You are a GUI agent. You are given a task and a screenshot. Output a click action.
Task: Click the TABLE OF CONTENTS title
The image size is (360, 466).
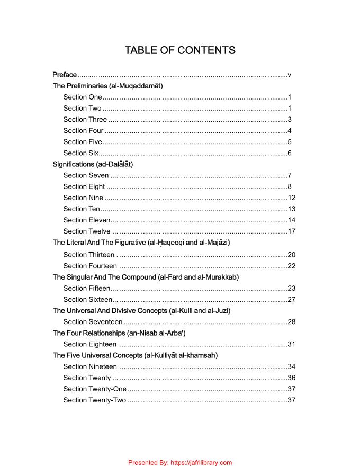(180, 50)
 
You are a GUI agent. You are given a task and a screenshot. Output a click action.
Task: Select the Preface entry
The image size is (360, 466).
(65, 75)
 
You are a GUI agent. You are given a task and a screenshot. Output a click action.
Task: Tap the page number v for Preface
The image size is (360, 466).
(290, 75)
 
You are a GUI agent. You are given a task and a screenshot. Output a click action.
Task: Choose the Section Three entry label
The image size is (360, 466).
(85, 119)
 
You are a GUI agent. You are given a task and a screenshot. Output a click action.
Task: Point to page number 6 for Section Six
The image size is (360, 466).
(290, 153)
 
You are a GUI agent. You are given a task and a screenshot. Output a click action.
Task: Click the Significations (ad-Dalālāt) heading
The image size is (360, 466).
(93, 164)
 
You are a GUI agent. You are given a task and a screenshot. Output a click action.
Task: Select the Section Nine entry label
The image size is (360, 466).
(83, 198)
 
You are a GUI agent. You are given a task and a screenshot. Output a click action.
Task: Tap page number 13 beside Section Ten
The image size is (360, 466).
(291, 209)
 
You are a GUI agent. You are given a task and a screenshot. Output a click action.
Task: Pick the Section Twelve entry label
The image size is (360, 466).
(87, 231)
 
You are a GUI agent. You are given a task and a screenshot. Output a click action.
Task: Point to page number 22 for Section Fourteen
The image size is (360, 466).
(291, 266)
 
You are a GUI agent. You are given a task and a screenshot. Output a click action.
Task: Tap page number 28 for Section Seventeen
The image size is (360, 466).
(291, 321)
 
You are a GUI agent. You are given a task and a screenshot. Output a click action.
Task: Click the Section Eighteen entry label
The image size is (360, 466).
(89, 344)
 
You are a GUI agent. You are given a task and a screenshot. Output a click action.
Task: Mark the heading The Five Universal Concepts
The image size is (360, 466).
(135, 355)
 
